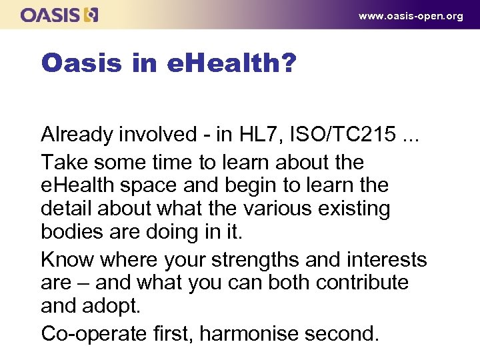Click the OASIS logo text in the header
pyautogui.click(x=51, y=15)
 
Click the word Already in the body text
pyautogui.click(x=77, y=135)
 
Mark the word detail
pyautogui.click(x=67, y=209)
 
